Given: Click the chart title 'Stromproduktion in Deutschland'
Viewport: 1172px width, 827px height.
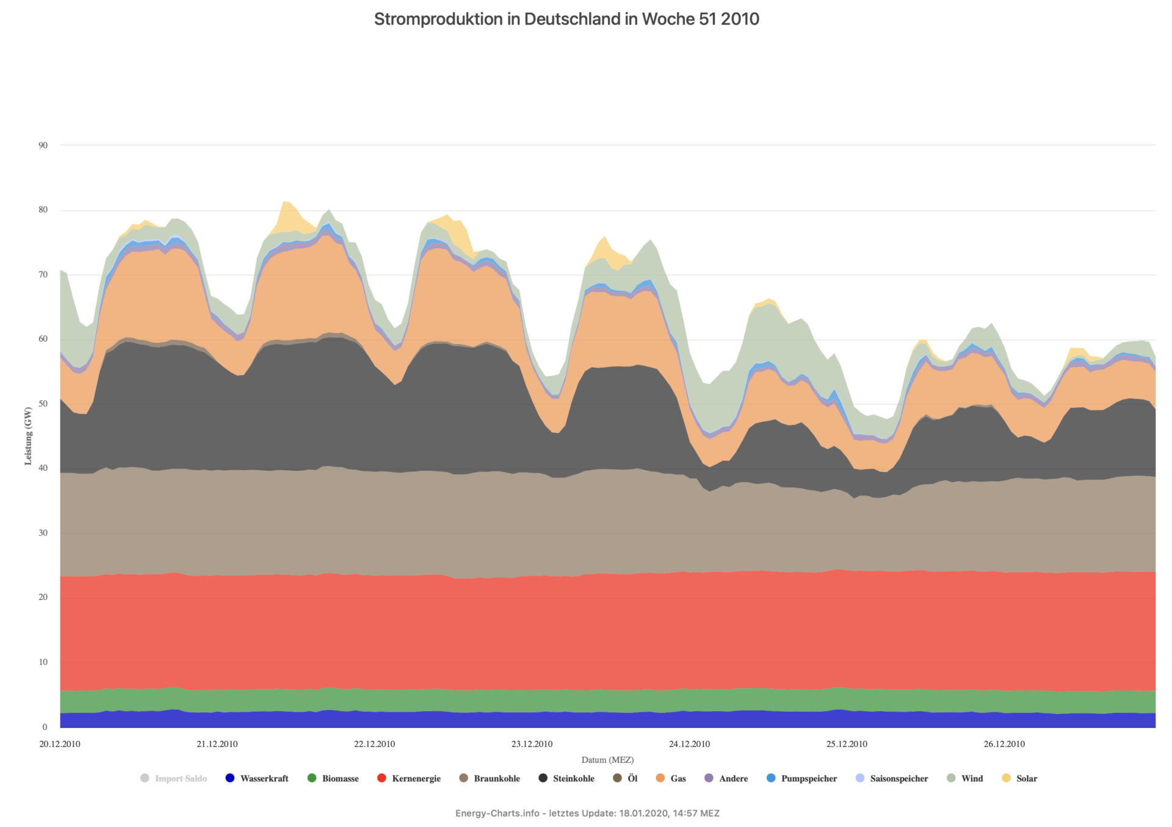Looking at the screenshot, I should (566, 20).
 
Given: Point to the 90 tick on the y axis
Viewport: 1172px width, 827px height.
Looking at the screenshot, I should (43, 145).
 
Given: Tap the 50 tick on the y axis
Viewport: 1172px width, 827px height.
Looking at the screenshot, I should (43, 404).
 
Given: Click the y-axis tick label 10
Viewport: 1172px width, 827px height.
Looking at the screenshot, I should (43, 662).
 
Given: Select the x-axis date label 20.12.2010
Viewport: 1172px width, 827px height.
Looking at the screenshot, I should (60, 744).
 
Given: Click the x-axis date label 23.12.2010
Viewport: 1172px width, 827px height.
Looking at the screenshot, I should (532, 744).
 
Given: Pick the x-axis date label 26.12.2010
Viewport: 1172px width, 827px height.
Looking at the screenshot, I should (1004, 744).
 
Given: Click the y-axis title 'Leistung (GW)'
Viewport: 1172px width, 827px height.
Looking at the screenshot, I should (28, 436).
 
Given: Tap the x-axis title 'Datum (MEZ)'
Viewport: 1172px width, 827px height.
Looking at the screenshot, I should (607, 760).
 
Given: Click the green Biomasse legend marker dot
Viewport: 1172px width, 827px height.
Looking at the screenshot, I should (312, 778).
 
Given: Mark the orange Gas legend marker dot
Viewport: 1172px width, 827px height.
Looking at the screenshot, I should (660, 778).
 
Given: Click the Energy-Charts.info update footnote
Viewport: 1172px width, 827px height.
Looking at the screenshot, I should (587, 814).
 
